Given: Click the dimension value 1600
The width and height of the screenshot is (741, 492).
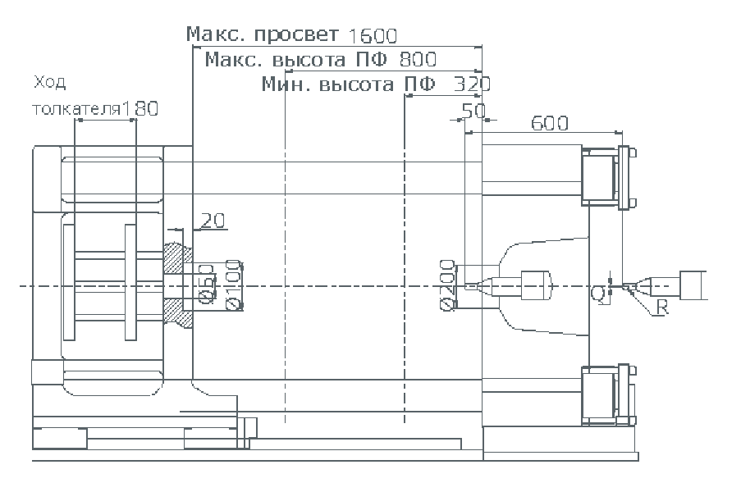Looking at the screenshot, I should click(x=373, y=35).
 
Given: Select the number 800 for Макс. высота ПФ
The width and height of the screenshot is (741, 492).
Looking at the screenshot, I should click(x=418, y=59).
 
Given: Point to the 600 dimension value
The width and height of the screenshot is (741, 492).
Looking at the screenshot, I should click(x=550, y=123).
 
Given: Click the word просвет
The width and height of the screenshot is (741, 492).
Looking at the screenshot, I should click(x=296, y=35).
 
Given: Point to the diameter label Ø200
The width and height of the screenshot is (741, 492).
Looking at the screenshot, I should click(x=447, y=285).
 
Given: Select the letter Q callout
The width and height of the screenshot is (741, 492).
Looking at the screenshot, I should click(x=597, y=293).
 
